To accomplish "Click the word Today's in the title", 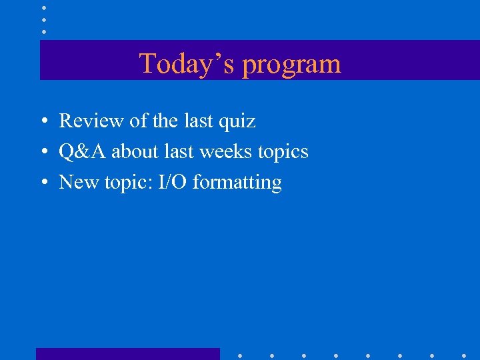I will tap(187, 64).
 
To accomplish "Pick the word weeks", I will tap(225, 151).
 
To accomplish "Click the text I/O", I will tap(172, 182).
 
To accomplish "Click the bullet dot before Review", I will tap(42, 122).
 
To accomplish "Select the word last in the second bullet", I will tap(179, 151).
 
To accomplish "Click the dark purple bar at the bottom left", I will tap(127, 354).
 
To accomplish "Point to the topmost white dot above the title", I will tap(44, 7).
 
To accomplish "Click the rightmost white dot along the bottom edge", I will tap(464, 355).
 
